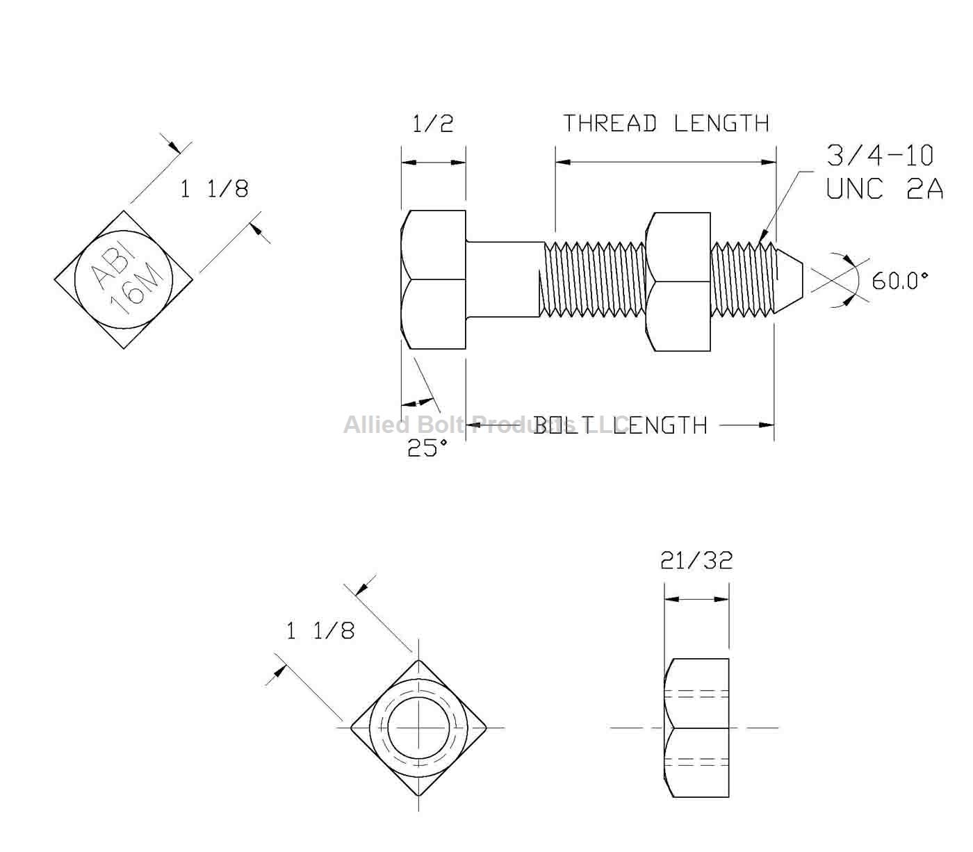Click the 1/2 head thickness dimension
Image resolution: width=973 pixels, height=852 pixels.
coord(432,124)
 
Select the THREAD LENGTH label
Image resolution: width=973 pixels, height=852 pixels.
coord(665,124)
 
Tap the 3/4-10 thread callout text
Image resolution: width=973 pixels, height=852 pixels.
coord(880,156)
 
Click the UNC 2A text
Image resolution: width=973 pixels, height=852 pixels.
coord(884,188)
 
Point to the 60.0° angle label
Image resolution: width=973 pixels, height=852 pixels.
coord(900,281)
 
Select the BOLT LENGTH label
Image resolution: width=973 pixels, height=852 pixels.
coord(620,425)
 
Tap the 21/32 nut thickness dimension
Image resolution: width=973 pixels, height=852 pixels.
coord(696,560)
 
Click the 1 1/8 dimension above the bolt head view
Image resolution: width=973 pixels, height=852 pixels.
coord(214,189)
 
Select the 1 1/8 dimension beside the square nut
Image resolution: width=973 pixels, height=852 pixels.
coord(320,630)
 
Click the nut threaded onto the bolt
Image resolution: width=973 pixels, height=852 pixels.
coord(678,281)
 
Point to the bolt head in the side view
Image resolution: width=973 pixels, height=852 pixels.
coord(433,279)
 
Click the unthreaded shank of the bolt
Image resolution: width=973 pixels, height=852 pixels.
coord(504,279)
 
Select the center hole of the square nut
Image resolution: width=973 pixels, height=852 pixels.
coord(418,728)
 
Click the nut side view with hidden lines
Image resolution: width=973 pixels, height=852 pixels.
coord(697,728)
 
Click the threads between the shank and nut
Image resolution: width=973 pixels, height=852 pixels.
coord(594,279)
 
